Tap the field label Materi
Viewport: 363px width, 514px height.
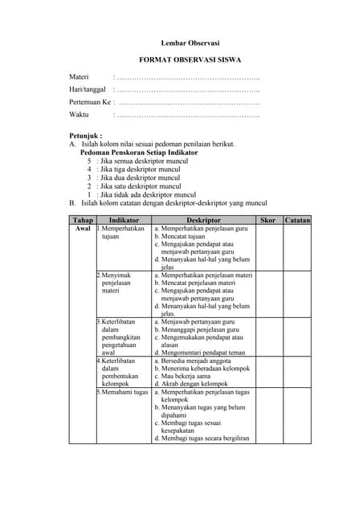point(79,77)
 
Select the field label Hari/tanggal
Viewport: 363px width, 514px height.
point(88,90)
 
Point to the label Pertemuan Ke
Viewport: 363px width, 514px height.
point(89,103)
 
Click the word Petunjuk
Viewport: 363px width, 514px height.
point(85,137)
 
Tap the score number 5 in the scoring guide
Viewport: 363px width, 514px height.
point(89,161)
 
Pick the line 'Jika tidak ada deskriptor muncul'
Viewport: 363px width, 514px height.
point(148,195)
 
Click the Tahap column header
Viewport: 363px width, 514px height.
point(83,220)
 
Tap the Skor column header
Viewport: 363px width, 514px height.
point(268,220)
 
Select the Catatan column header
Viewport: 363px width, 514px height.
point(297,220)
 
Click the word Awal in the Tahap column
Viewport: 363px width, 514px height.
point(83,229)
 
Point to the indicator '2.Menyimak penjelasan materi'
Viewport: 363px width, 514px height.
point(116,283)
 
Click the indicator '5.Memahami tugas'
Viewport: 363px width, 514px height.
point(124,392)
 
